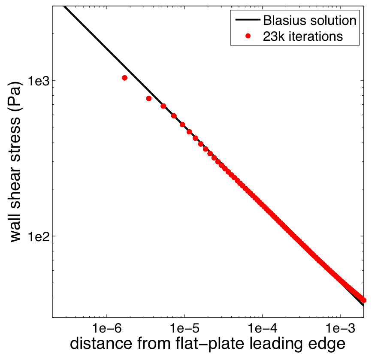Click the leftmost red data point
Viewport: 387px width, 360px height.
pos(124,78)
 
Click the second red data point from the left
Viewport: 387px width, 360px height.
pos(149,98)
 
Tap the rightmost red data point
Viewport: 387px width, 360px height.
pos(363,300)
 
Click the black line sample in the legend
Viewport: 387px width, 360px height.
pos(246,20)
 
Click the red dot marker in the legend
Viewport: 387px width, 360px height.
pos(248,36)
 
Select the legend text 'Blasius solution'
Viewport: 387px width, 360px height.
pos(309,20)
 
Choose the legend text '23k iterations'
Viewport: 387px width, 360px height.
pos(303,36)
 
